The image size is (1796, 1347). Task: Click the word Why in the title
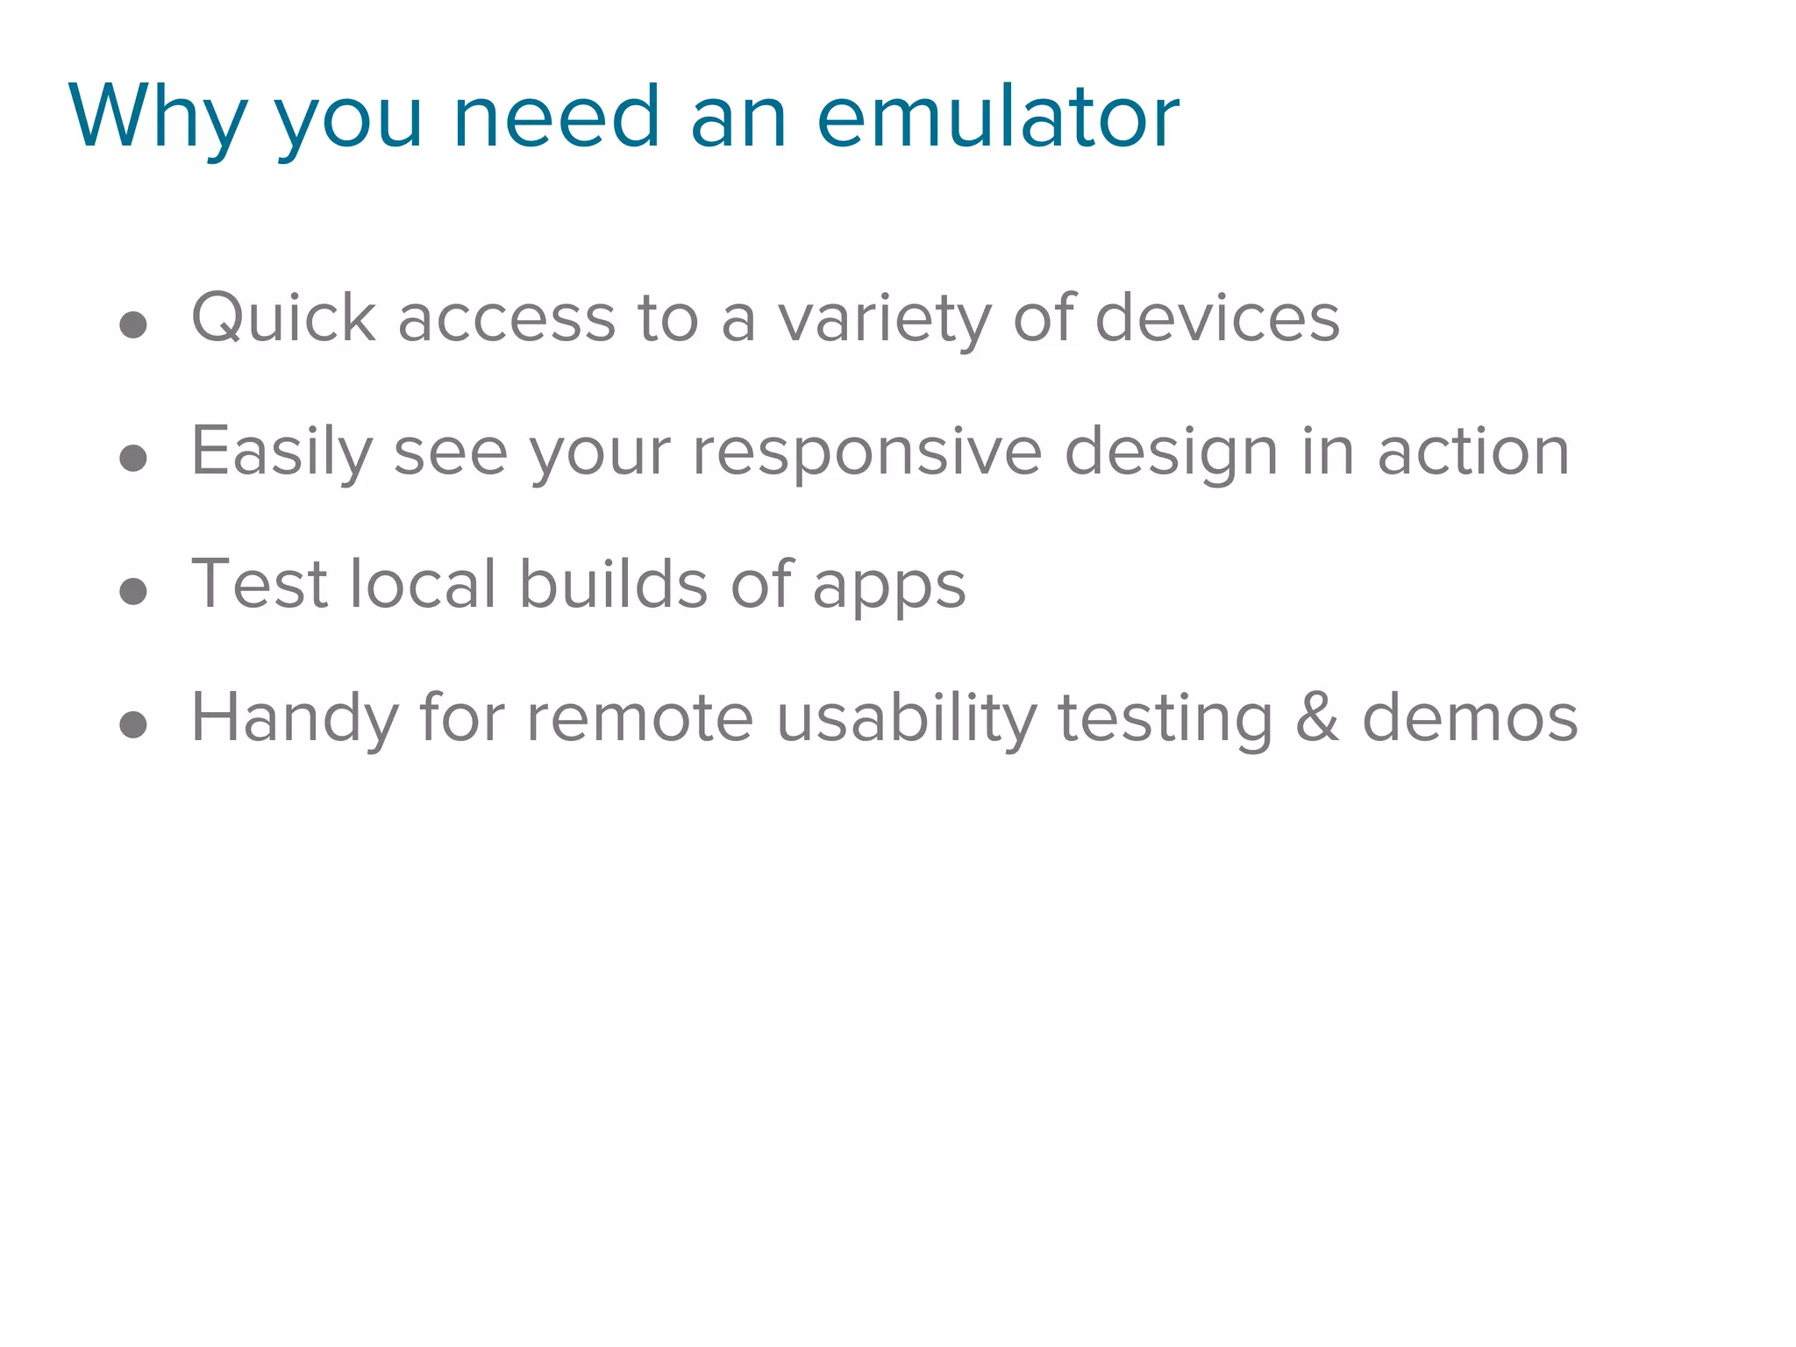coord(158,118)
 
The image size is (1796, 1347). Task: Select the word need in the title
coord(556,118)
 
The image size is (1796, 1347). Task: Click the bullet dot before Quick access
coord(133,325)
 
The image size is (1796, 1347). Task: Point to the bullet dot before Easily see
coord(133,458)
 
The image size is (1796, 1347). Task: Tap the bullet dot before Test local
coord(133,591)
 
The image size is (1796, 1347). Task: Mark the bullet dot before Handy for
coord(133,724)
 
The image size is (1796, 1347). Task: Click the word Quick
coord(283,317)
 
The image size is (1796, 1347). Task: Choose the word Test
coord(260,584)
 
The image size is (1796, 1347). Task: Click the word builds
coord(613,584)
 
